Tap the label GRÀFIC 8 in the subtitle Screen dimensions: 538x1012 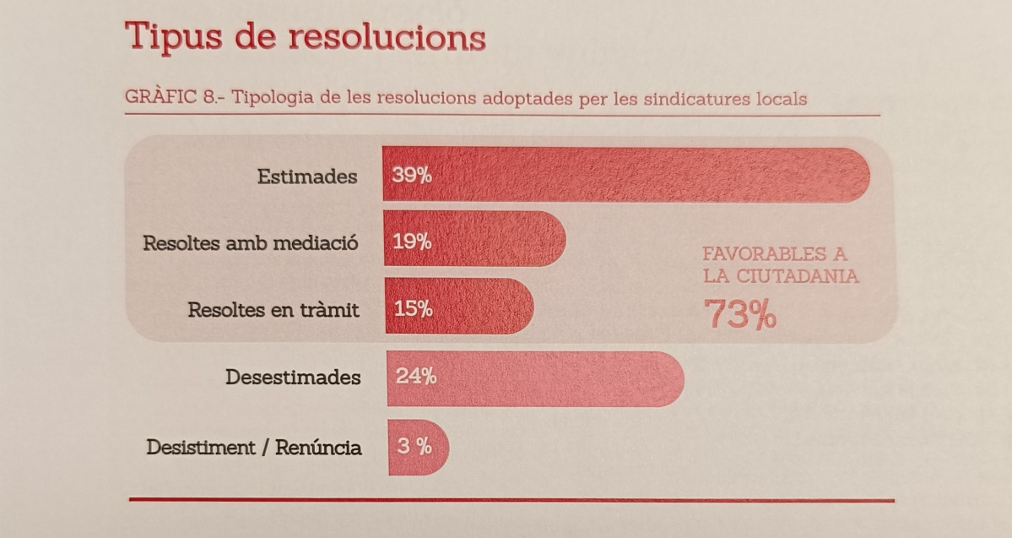tap(171, 98)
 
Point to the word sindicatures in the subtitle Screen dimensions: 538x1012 tap(691, 99)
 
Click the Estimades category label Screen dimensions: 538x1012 tap(307, 177)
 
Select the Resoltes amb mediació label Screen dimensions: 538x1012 tap(251, 243)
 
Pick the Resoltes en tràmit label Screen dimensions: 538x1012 tap(273, 309)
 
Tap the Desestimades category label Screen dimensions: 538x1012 tap(293, 377)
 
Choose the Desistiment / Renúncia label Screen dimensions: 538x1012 tap(254, 447)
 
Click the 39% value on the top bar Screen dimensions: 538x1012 tap(412, 177)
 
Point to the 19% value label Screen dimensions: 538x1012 tap(412, 242)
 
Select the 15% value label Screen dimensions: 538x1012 tap(413, 308)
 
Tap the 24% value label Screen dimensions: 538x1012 tap(416, 376)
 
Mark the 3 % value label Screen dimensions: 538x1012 tap(414, 446)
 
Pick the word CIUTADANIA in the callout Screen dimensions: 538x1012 tap(798, 276)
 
